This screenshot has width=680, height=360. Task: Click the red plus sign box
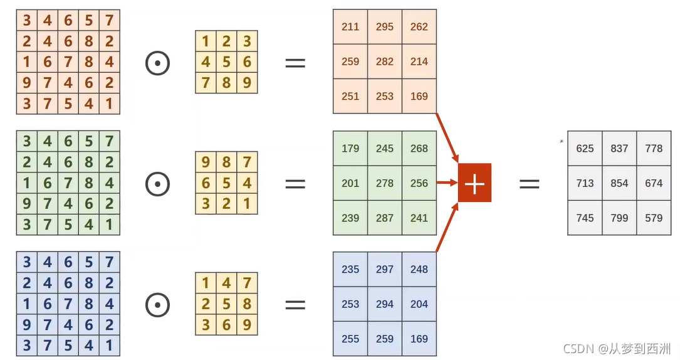point(474,183)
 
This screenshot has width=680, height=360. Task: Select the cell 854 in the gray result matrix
point(619,183)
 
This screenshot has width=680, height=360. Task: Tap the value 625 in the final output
point(585,149)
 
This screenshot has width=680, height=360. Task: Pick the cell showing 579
point(654,218)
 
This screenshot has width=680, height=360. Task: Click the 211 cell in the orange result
point(350,27)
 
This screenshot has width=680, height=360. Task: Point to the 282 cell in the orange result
point(385,61)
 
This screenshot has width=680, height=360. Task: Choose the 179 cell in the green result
point(350,149)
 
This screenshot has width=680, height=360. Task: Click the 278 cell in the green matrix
point(385,183)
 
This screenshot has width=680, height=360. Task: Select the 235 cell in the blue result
point(350,269)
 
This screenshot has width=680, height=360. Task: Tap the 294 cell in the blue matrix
point(385,304)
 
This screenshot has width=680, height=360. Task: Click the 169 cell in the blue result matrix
point(419,339)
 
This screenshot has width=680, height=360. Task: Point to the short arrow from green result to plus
point(446,183)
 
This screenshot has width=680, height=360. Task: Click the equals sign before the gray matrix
point(530,183)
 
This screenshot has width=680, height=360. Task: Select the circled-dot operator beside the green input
point(158,184)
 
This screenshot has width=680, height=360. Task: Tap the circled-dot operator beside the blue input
point(158,305)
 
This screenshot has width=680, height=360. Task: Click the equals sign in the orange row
point(295,63)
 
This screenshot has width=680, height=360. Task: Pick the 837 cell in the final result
point(619,149)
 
